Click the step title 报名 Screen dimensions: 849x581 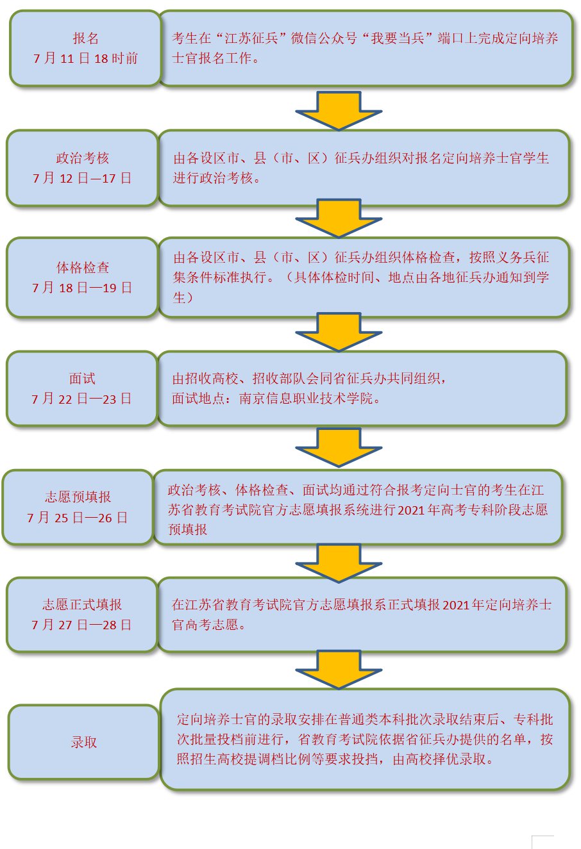pyautogui.click(x=85, y=38)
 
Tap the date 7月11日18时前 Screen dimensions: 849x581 pyautogui.click(x=85, y=58)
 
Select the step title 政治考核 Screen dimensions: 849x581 pyautogui.click(x=82, y=158)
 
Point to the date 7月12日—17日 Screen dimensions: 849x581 pyautogui.click(x=82, y=178)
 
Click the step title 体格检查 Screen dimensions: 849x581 pyautogui.click(x=83, y=267)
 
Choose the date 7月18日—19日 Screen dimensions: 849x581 pyautogui.click(x=82, y=288)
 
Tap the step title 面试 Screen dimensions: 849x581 pyautogui.click(x=82, y=379)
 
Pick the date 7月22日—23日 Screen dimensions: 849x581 pyautogui.click(x=81, y=399)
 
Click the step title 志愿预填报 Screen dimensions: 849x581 pyautogui.click(x=78, y=497)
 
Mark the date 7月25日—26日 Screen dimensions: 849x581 pyautogui.click(x=78, y=517)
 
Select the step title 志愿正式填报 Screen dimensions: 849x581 pyautogui.click(x=82, y=605)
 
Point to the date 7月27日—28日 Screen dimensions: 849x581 pyautogui.click(x=81, y=625)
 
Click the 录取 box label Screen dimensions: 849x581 pyautogui.click(x=84, y=742)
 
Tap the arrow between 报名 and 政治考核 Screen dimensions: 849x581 pyautogui.click(x=339, y=110)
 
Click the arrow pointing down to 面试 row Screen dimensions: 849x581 pyautogui.click(x=339, y=331)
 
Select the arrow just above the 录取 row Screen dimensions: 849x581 pyautogui.click(x=339, y=669)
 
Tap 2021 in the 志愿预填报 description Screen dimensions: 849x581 pyautogui.click(x=411, y=510)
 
